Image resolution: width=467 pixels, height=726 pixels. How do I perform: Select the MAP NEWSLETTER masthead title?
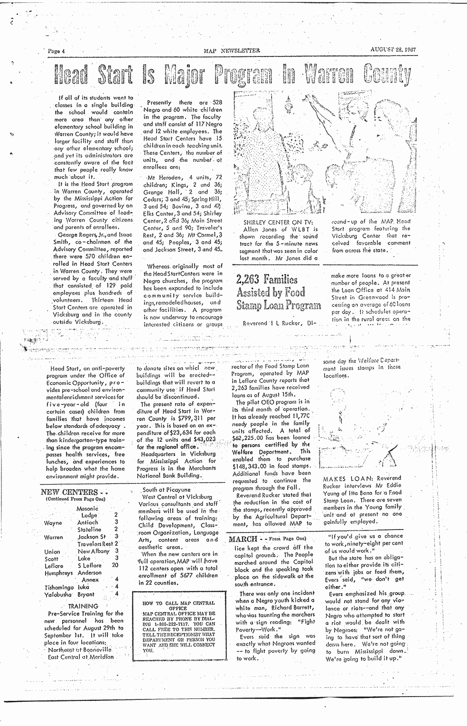232,50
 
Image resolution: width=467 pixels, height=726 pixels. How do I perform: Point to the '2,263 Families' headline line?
267,279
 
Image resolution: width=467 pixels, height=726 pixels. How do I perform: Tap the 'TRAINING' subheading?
83,606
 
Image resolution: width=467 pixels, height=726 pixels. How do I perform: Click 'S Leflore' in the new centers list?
89,566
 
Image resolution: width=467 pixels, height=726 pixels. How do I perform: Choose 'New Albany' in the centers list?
93,551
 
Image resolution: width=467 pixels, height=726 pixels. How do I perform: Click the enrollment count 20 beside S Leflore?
115,566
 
